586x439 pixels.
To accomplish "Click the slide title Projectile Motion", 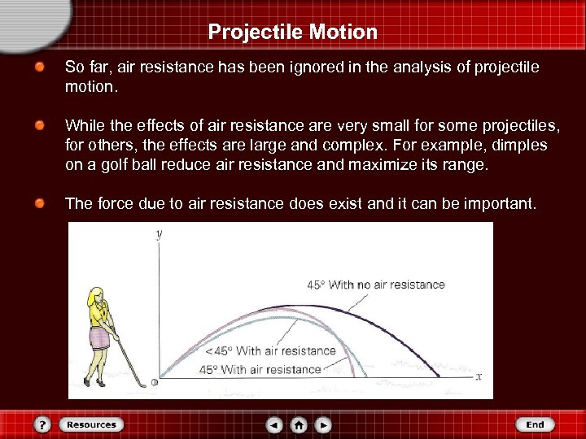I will tap(292, 32).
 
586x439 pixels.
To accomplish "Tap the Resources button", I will tap(91, 424).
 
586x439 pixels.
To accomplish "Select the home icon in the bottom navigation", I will tap(299, 424).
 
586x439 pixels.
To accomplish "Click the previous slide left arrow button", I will tap(275, 424).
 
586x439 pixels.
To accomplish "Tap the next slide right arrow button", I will tap(323, 424).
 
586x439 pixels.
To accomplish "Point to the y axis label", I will tap(159, 233).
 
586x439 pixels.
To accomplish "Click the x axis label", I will tap(479, 376).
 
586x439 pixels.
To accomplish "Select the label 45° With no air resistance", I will tap(375, 285).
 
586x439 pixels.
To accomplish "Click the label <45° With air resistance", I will tap(270, 351).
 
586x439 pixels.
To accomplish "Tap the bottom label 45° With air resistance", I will tap(260, 370).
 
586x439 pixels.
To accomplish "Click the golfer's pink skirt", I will tap(100, 337).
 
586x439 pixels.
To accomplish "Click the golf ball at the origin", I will tap(155, 381).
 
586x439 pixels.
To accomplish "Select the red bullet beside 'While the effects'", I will tap(39, 126).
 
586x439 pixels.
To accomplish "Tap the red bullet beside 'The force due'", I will tap(39, 203).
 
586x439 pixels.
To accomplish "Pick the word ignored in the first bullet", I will tap(302, 66).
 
